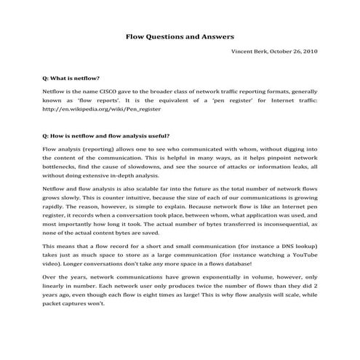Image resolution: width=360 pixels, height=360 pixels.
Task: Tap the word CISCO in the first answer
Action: [123, 93]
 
